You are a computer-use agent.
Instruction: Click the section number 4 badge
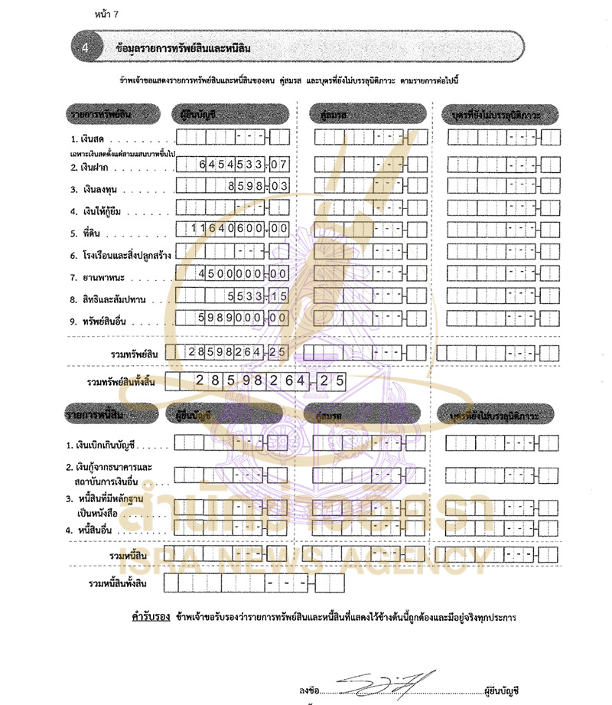[86, 47]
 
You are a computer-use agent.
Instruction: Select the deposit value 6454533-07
[232, 164]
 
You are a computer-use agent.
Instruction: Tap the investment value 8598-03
[232, 185]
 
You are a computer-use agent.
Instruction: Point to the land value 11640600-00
[232, 229]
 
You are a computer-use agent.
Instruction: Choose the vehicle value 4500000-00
[232, 273]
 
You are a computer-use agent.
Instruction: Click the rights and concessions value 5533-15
[232, 295]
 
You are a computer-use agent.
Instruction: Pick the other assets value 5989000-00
[232, 317]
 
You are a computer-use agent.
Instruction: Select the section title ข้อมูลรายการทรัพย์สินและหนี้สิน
[181, 47]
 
